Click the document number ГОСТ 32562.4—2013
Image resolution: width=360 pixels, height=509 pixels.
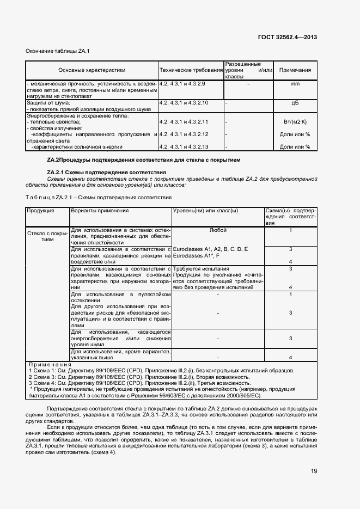click(x=286, y=38)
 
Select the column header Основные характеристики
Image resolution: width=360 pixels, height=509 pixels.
click(x=91, y=70)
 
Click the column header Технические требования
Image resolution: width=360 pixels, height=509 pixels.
click(x=191, y=70)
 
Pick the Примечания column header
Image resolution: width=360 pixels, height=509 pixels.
click(x=295, y=70)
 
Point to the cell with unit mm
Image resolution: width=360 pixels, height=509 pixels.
click(x=295, y=84)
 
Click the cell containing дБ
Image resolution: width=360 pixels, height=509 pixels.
click(x=295, y=102)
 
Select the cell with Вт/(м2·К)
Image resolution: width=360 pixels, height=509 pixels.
click(x=295, y=122)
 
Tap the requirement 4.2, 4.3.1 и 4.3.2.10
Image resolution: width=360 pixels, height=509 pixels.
click(x=184, y=102)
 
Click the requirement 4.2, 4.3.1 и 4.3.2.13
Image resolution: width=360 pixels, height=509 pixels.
click(x=184, y=146)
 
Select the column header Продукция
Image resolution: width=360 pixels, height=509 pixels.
click(x=41, y=210)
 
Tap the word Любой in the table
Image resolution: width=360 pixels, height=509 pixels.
click(x=217, y=230)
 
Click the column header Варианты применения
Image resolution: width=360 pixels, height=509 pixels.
click(x=100, y=210)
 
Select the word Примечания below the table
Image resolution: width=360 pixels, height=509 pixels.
click(x=50, y=364)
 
